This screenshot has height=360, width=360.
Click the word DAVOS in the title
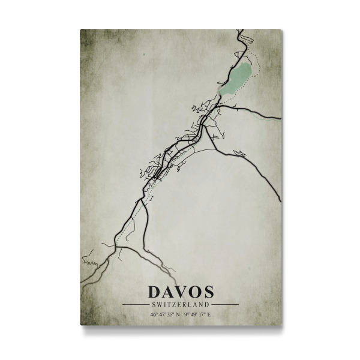(180, 292)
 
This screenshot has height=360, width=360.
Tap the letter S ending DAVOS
(207, 292)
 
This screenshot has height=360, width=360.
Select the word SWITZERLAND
(180, 305)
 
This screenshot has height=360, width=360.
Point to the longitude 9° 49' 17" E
(197, 314)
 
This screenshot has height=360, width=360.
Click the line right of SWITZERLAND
(224, 305)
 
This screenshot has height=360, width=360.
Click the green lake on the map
(235, 80)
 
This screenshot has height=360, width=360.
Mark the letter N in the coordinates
(178, 314)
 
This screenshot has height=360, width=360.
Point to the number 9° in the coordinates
(185, 314)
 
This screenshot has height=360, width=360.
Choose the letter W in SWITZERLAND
(161, 305)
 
